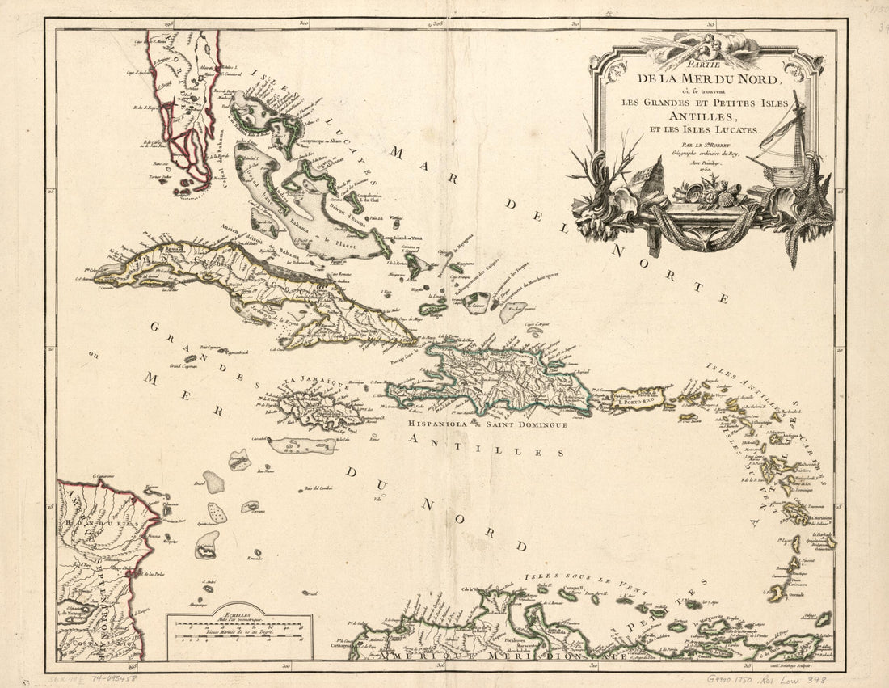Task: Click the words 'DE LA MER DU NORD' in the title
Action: (x=708, y=79)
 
